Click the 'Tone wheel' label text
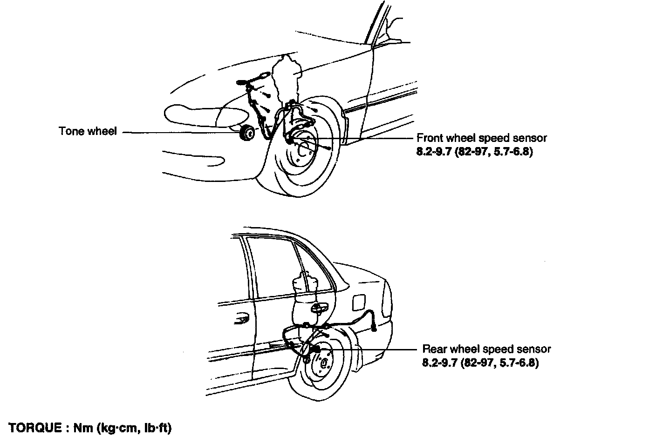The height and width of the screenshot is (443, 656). click(x=88, y=131)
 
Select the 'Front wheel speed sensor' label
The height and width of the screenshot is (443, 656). click(x=482, y=138)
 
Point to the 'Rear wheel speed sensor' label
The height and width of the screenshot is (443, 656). click(x=486, y=349)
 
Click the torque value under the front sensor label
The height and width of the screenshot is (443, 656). click(x=474, y=152)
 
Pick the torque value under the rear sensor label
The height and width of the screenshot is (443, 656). click(x=480, y=363)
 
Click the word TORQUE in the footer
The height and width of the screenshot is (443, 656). click(x=35, y=428)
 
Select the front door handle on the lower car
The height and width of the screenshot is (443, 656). click(x=241, y=319)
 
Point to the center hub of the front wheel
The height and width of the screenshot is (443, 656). click(x=304, y=149)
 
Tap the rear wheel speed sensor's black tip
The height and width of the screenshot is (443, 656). click(x=316, y=349)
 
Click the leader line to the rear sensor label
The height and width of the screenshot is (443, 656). click(x=368, y=349)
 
